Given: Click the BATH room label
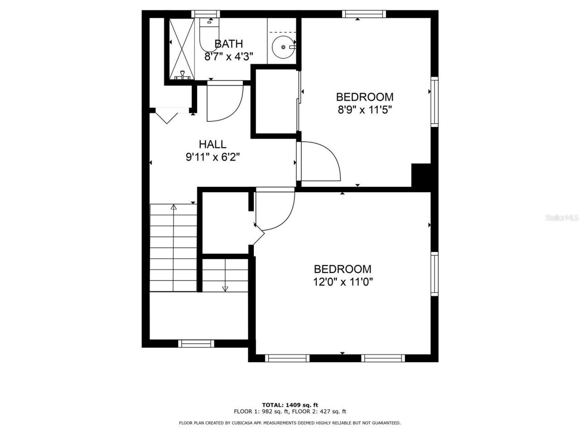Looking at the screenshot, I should click(x=228, y=44).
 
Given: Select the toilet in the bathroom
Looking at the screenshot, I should click(x=209, y=36).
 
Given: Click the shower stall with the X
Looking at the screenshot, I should click(x=183, y=49).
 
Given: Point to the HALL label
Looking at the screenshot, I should click(x=213, y=145).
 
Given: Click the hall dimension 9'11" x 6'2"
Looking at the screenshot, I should click(x=213, y=157).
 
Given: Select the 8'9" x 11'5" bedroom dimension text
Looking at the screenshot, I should click(x=364, y=109).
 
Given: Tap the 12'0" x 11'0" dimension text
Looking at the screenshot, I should click(x=343, y=282).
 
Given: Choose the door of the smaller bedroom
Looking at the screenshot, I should click(x=319, y=162).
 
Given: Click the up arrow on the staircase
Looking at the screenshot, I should click(x=174, y=208).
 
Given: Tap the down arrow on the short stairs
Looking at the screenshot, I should click(x=225, y=288).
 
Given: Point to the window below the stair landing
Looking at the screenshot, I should click(x=196, y=343).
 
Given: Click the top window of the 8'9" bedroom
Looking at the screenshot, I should click(x=364, y=14).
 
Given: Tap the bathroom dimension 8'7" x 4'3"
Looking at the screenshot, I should click(x=228, y=57).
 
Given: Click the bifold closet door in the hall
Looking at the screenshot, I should click(x=167, y=115).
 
